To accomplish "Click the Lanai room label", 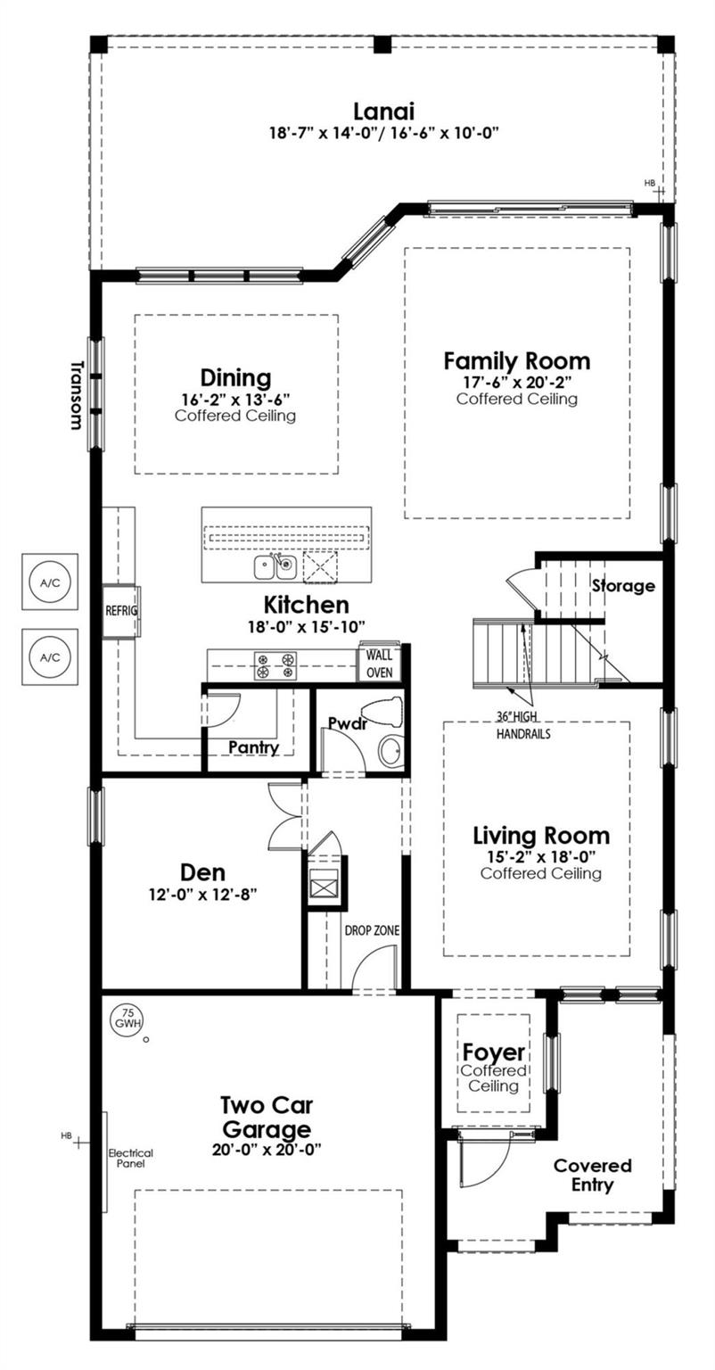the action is click(x=383, y=111).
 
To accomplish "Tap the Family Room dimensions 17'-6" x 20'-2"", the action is click(x=517, y=383).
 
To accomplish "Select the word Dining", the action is click(x=236, y=378).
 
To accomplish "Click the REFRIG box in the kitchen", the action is click(x=121, y=610).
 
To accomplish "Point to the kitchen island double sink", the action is click(x=275, y=567).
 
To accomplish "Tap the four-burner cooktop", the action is click(x=275, y=666).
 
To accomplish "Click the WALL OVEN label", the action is click(x=379, y=664).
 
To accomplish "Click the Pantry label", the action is click(x=253, y=747).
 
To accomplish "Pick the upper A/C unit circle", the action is click(x=50, y=582).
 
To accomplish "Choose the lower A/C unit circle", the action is click(x=50, y=656).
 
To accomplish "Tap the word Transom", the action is click(x=77, y=395).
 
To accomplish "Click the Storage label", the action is click(x=622, y=586).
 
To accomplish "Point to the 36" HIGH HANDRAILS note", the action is click(x=523, y=725).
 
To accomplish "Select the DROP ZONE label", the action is click(x=372, y=930).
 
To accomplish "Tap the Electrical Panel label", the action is click(x=131, y=1158).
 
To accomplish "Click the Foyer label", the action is click(x=493, y=1052).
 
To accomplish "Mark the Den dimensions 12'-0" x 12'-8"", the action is click(x=202, y=895).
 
